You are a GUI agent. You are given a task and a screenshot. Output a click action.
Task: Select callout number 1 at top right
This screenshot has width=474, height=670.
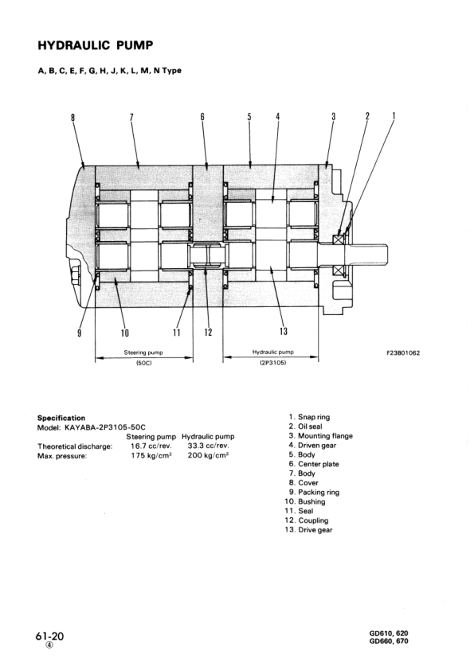click(x=394, y=116)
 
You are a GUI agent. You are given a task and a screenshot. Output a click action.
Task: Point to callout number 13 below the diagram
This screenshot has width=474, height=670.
click(x=283, y=332)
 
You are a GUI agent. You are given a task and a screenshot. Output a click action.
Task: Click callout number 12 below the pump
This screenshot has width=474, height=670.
click(x=207, y=332)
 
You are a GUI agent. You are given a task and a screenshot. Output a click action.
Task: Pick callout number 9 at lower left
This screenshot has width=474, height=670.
click(x=79, y=332)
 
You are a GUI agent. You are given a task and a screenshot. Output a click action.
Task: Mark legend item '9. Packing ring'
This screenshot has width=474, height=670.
click(x=314, y=493)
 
